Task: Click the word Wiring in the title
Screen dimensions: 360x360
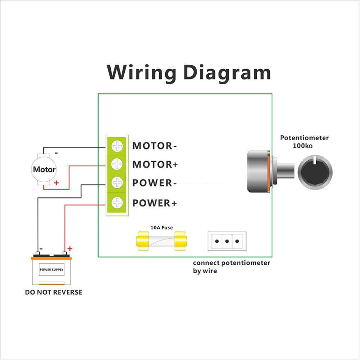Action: pyautogui.click(x=141, y=72)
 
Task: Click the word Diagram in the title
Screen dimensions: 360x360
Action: pyautogui.click(x=227, y=72)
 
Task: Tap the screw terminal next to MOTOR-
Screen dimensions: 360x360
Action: pyautogui.click(x=117, y=146)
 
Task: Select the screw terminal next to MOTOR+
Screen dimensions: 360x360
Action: pyautogui.click(x=117, y=164)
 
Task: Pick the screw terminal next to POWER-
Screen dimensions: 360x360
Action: pyautogui.click(x=117, y=183)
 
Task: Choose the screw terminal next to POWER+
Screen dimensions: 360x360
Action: pyautogui.click(x=117, y=203)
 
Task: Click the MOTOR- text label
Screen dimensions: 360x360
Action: pyautogui.click(x=155, y=146)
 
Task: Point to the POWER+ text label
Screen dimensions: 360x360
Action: pyautogui.click(x=155, y=203)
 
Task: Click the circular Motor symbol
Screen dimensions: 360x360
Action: pyautogui.click(x=44, y=169)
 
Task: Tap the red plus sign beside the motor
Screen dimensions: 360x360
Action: pyautogui.click(x=56, y=183)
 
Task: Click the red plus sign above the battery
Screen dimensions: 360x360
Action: pyautogui.click(x=70, y=249)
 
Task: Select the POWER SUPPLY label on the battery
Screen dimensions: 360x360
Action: pyautogui.click(x=51, y=269)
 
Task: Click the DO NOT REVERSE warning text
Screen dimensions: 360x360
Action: pyautogui.click(x=54, y=292)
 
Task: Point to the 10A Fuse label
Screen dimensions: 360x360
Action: pyautogui.click(x=162, y=228)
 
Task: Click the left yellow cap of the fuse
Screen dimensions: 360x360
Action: pyautogui.click(x=142, y=241)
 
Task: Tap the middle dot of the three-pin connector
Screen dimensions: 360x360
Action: pyautogui.click(x=227, y=241)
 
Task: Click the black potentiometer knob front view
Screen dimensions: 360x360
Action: pyautogui.click(x=315, y=172)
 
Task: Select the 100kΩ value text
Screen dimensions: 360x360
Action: pyautogui.click(x=303, y=146)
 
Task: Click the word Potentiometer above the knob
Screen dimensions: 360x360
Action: pyautogui.click(x=304, y=138)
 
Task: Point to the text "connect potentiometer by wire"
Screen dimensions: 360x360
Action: pyautogui.click(x=232, y=267)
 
